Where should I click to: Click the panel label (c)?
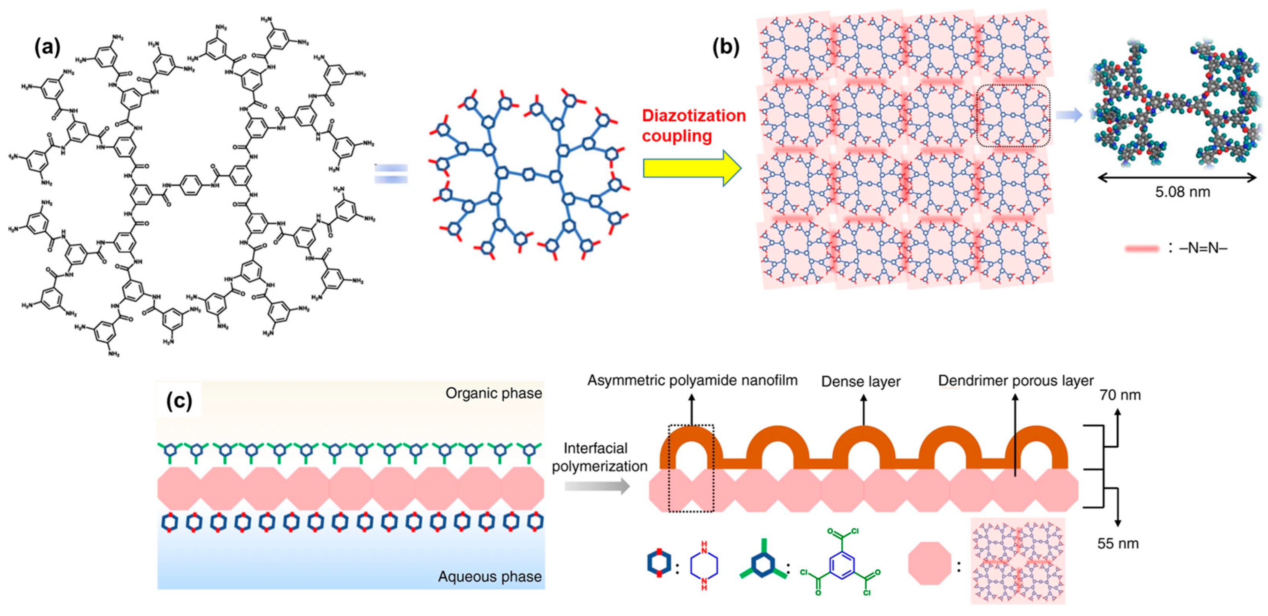click(x=179, y=401)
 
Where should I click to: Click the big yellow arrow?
click(x=692, y=168)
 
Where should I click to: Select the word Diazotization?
click(x=694, y=116)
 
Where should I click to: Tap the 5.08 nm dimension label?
click(x=1182, y=192)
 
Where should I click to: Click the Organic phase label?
click(x=493, y=393)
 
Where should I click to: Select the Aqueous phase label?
click(x=490, y=577)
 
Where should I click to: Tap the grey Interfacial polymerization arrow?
click(x=597, y=486)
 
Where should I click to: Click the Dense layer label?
click(x=860, y=382)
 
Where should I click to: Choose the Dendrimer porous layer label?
click(x=1015, y=380)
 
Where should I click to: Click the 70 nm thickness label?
click(x=1120, y=395)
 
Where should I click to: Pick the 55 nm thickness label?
click(x=1117, y=544)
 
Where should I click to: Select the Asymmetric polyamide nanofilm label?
click(x=692, y=380)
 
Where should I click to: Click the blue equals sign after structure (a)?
click(x=391, y=174)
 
